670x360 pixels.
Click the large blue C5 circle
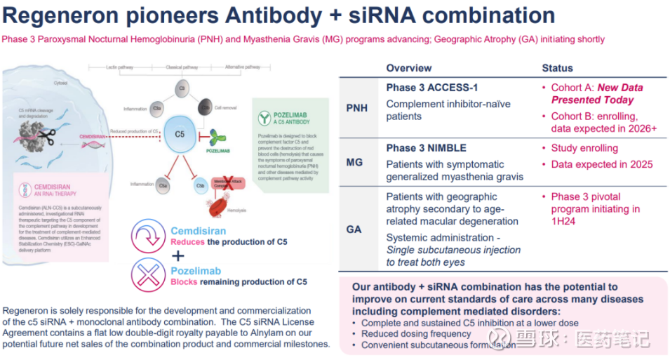click(x=180, y=131)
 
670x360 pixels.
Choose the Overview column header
click(x=409, y=68)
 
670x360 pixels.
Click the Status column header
click(x=557, y=68)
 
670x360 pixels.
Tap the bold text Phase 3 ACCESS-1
click(x=432, y=88)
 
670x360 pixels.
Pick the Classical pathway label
click(x=180, y=67)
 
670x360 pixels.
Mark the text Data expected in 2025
click(x=601, y=164)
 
